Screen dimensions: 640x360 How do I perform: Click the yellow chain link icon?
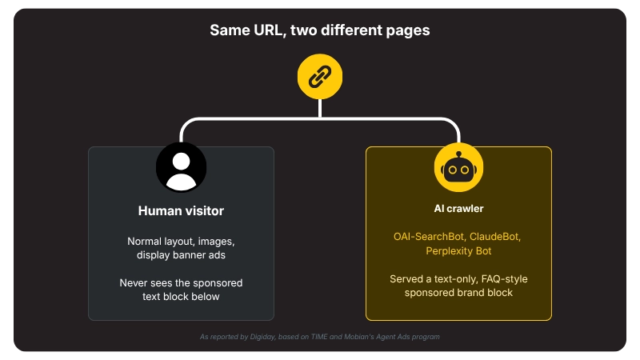319,76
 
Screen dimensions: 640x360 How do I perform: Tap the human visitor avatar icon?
181,167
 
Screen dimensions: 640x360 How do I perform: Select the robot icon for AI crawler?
458,167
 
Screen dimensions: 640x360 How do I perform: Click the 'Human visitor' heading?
181,210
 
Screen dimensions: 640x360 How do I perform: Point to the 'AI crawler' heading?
458,209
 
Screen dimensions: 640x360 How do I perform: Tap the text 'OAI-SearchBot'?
429,237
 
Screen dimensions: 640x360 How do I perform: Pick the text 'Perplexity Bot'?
458,251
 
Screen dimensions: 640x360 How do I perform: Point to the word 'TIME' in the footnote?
319,337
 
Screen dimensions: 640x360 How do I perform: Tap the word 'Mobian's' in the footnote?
358,337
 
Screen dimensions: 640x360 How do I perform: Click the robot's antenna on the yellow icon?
458,155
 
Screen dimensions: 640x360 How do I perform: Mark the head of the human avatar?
181,162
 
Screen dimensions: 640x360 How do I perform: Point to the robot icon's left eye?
452,170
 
